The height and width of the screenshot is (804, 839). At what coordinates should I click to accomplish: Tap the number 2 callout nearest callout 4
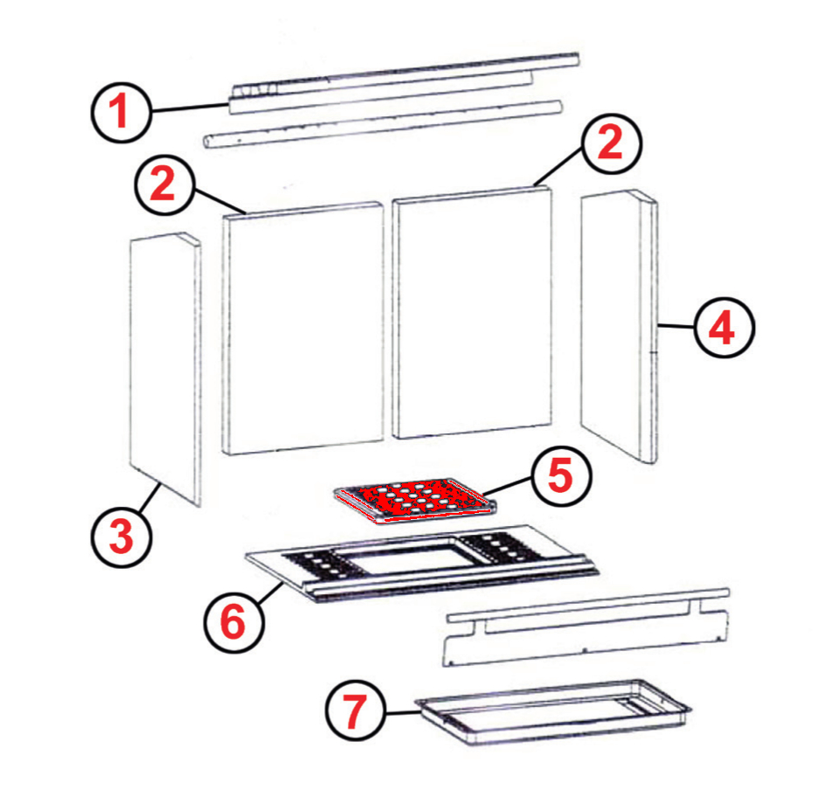click(x=611, y=143)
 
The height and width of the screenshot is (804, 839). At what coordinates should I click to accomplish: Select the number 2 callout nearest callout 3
click(x=164, y=184)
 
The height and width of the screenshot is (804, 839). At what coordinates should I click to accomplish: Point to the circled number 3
click(x=121, y=537)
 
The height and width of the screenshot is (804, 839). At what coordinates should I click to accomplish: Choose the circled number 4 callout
click(x=724, y=328)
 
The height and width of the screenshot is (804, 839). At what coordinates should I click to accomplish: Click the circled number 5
click(x=562, y=476)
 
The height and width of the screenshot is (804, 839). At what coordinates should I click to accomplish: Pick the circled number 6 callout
click(x=234, y=622)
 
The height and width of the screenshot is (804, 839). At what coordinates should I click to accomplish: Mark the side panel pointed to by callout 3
click(x=165, y=369)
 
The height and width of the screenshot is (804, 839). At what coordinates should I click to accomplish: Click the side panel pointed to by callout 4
click(x=619, y=326)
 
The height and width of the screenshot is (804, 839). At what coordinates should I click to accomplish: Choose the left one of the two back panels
click(x=303, y=329)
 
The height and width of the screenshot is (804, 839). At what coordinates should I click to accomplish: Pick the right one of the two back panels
click(x=472, y=313)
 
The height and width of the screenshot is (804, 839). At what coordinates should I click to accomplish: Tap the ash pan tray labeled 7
click(x=552, y=712)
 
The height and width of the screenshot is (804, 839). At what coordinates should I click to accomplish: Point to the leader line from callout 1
click(x=190, y=107)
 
